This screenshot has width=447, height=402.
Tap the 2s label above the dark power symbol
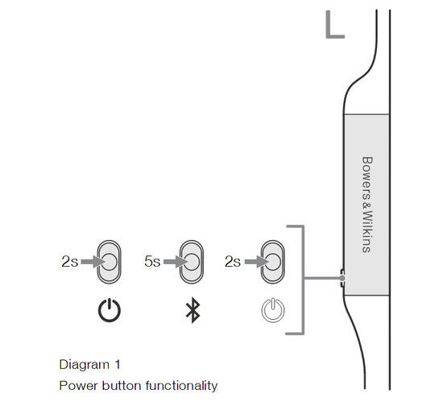coord(69,262)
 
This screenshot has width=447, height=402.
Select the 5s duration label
coord(152,262)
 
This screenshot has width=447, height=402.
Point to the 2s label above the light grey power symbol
coord(233,262)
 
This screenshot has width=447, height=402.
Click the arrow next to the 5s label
coord(176,262)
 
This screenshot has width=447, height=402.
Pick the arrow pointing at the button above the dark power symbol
coord(93,262)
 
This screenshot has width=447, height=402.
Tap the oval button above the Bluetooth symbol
coord(192,262)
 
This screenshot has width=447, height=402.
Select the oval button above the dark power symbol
coord(110,262)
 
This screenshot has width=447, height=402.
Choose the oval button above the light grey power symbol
coord(273,262)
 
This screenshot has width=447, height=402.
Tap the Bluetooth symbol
coord(192,310)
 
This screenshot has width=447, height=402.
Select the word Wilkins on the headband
coord(367,232)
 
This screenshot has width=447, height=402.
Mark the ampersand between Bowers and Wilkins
coord(366,206)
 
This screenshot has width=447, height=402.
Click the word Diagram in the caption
coord(85,365)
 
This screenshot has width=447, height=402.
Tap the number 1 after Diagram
coord(118,364)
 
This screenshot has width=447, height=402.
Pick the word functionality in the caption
coord(181,386)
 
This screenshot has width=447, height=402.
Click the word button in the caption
coord(122,386)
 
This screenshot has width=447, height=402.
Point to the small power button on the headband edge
coord(343,278)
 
